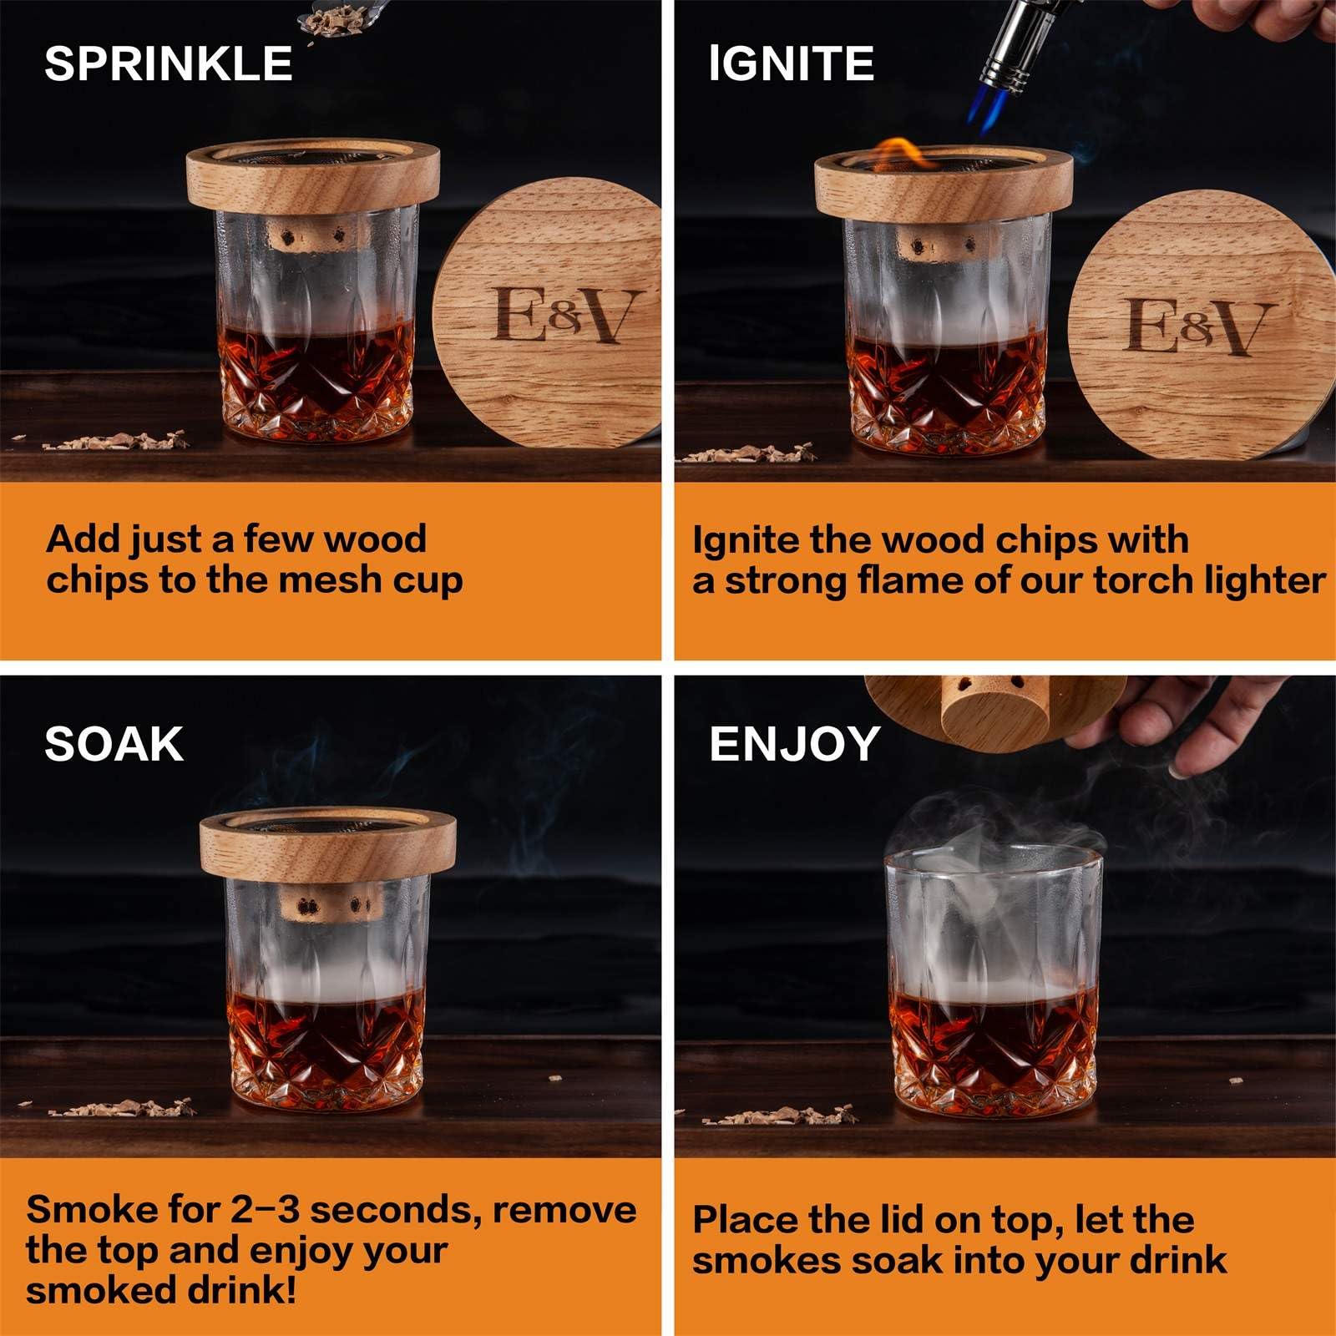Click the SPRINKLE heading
(168, 63)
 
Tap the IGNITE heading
(791, 63)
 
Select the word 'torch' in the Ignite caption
(1144, 580)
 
